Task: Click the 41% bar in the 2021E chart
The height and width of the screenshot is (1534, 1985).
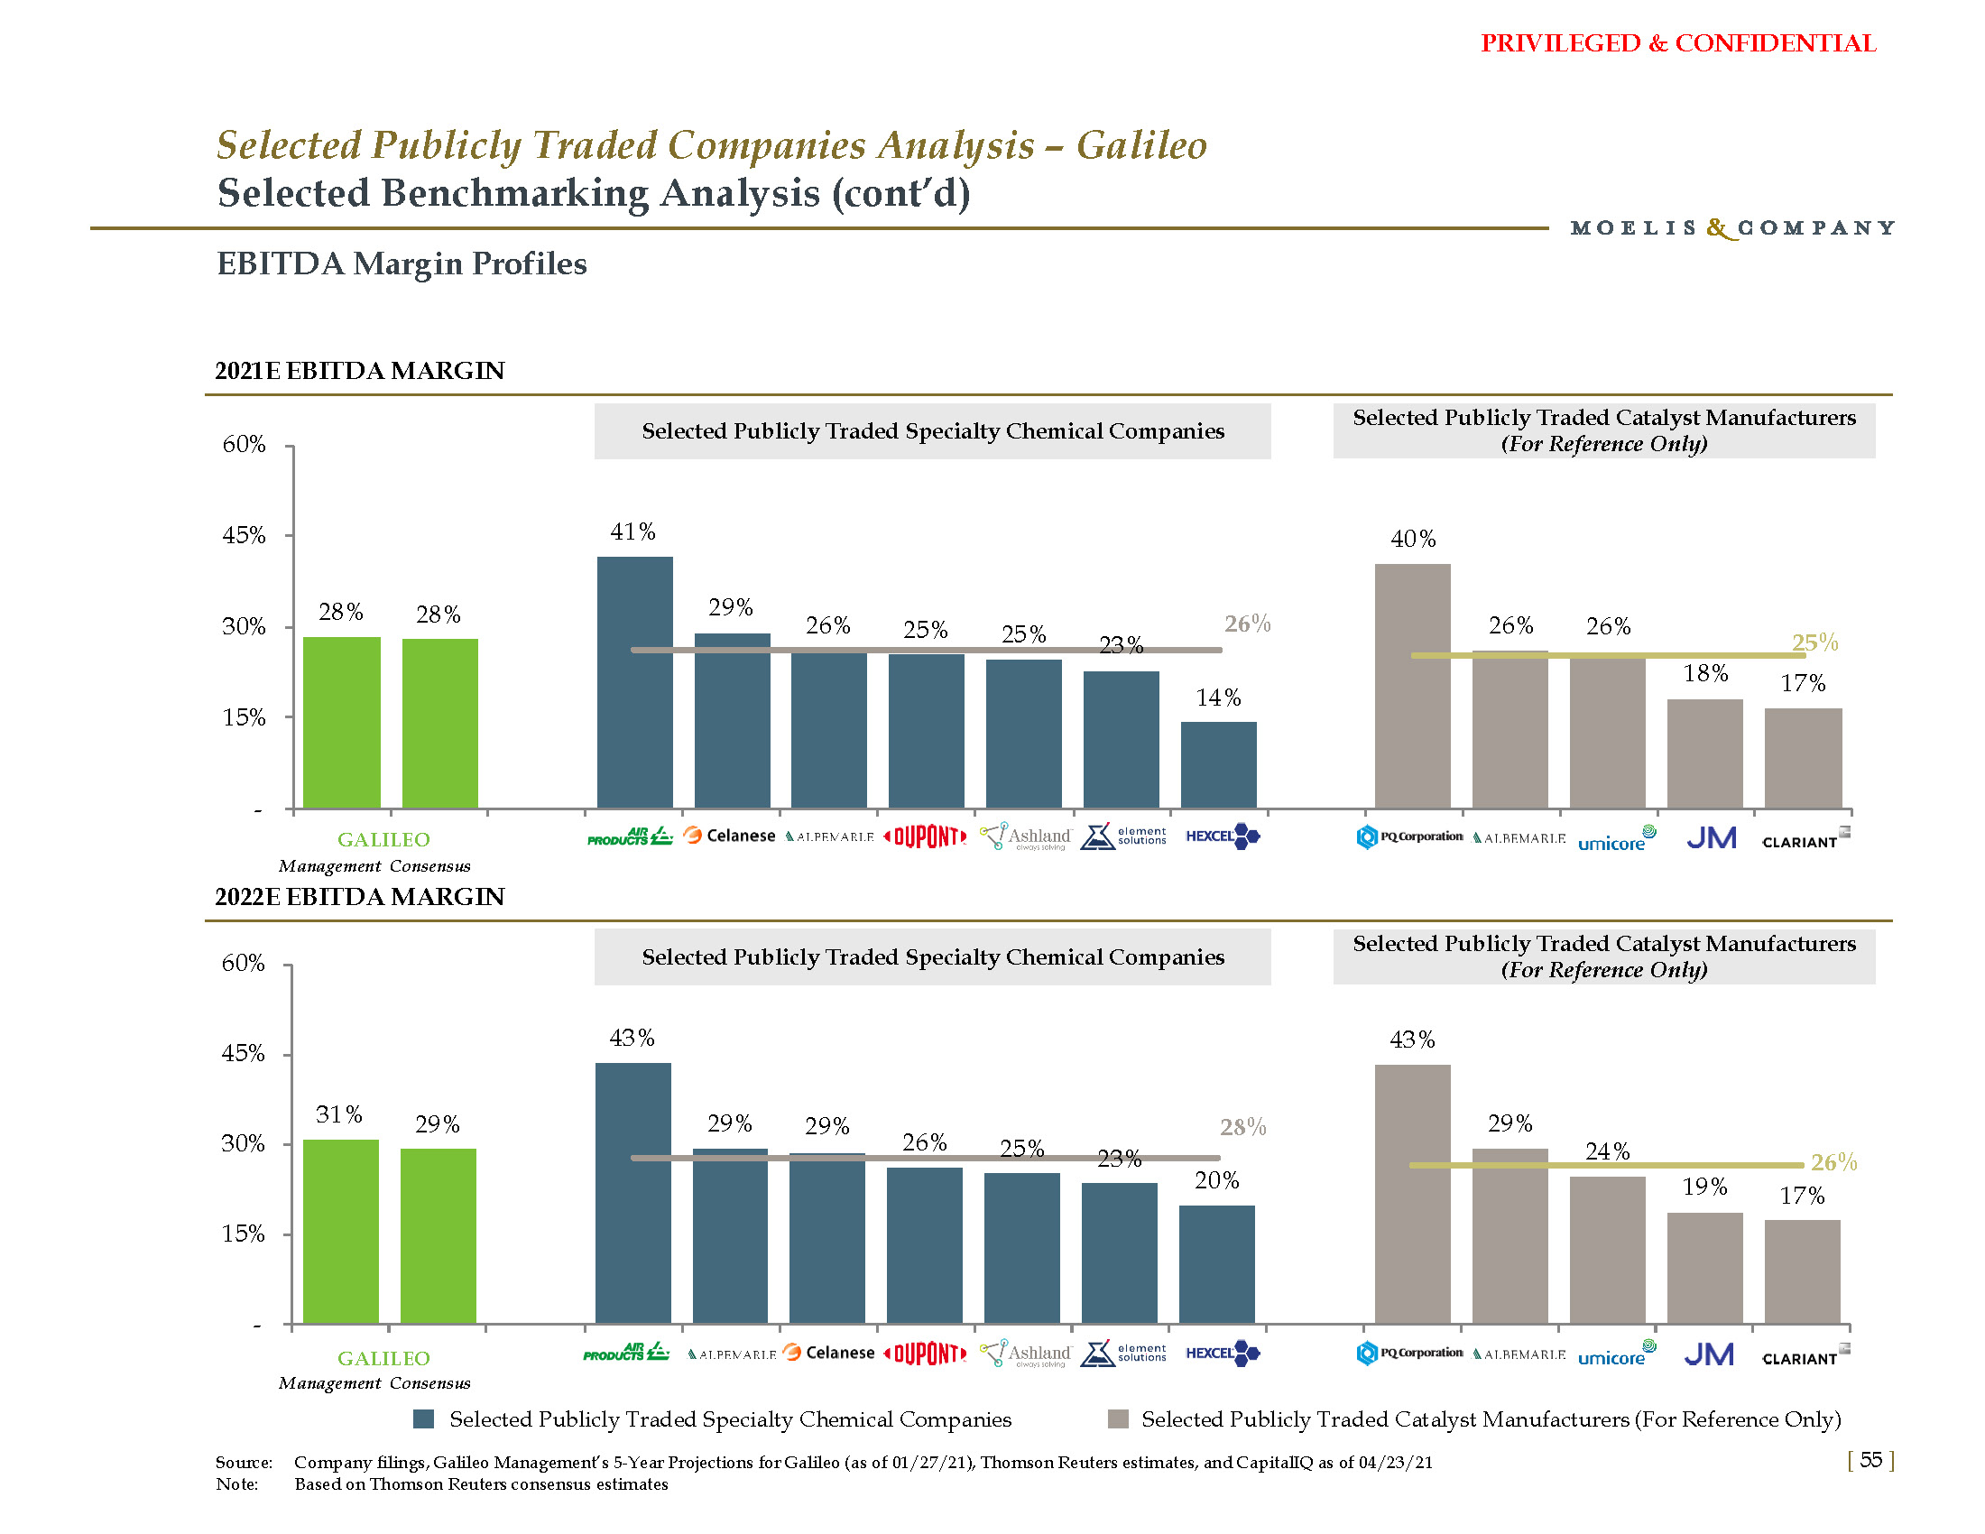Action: tap(634, 681)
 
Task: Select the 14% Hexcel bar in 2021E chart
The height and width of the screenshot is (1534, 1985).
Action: tap(1218, 764)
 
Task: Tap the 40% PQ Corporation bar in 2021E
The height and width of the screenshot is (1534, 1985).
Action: tap(1412, 685)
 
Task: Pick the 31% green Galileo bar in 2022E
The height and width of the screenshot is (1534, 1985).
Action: tap(341, 1231)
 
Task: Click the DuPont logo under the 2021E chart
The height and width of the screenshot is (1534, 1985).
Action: tap(925, 837)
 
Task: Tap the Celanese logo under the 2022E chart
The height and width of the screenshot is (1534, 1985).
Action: tap(828, 1354)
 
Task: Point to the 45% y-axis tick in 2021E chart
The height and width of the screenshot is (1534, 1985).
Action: tap(245, 535)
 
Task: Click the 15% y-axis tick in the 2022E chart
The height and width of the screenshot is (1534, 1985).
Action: tap(244, 1234)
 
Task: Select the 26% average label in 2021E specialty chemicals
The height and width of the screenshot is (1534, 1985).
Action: tap(1247, 624)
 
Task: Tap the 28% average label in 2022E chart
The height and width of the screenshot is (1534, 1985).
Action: tap(1242, 1128)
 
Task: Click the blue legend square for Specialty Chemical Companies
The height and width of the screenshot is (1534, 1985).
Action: tap(423, 1419)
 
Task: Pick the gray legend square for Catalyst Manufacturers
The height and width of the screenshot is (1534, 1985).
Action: tap(1118, 1419)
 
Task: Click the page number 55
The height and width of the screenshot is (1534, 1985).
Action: tap(1870, 1459)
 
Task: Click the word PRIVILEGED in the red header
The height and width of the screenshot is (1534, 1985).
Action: tap(1560, 43)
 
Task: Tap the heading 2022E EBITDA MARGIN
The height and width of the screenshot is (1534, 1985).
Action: tap(359, 897)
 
